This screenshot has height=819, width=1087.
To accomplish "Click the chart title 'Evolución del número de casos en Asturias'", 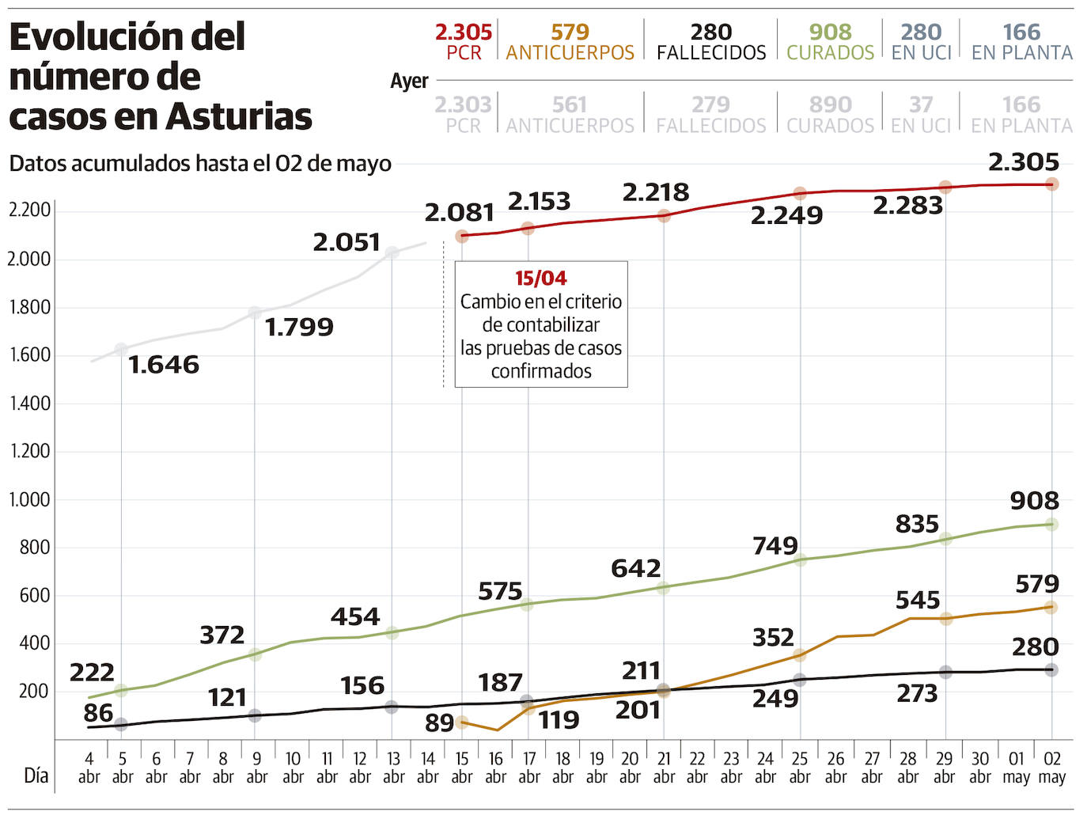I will point(160,77).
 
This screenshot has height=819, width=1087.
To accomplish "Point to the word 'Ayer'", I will point(409,82).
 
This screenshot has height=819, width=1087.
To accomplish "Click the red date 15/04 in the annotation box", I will point(541,279).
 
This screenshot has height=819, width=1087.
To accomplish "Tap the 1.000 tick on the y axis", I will point(29,500).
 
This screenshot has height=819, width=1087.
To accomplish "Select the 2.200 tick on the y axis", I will point(29,210).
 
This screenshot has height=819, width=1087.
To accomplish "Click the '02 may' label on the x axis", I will point(1051,768).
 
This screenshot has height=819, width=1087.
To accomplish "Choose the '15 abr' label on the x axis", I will point(462,768).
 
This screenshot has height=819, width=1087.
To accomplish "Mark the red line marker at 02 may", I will point(1052,184).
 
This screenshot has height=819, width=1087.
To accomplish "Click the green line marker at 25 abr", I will point(800,560).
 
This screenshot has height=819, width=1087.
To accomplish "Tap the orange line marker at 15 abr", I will point(462,722).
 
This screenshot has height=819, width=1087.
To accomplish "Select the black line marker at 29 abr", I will point(945,672).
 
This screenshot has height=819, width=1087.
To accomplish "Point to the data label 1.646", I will point(164,365).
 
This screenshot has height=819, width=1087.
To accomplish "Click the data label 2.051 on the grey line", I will point(347,242).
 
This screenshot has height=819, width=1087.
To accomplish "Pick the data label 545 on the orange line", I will point(918,601).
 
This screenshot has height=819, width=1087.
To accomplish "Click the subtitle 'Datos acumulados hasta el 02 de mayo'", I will point(200,164).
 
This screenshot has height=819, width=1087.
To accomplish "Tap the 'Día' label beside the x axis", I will point(36,775).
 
